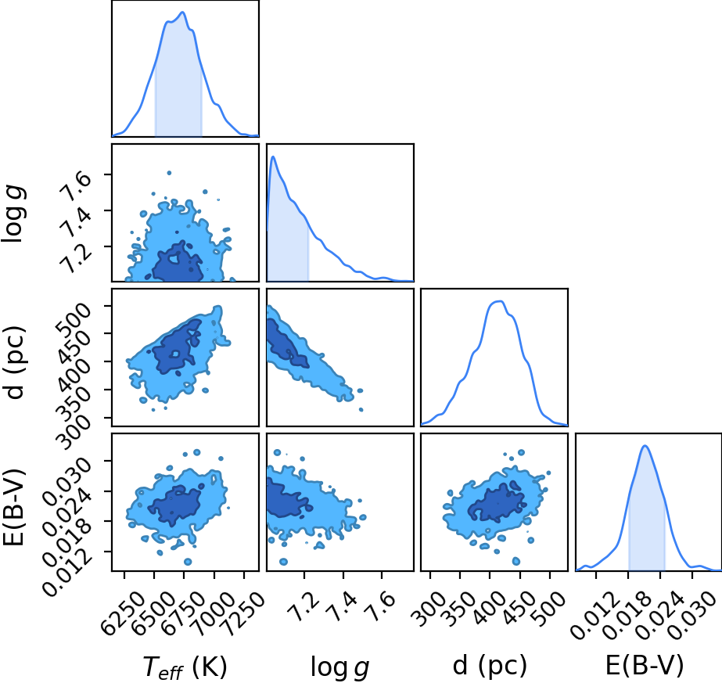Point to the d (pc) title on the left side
(x=13, y=363)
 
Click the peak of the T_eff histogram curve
(x=183, y=12)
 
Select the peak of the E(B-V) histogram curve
(x=645, y=446)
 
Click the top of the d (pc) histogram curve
(x=499, y=301)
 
